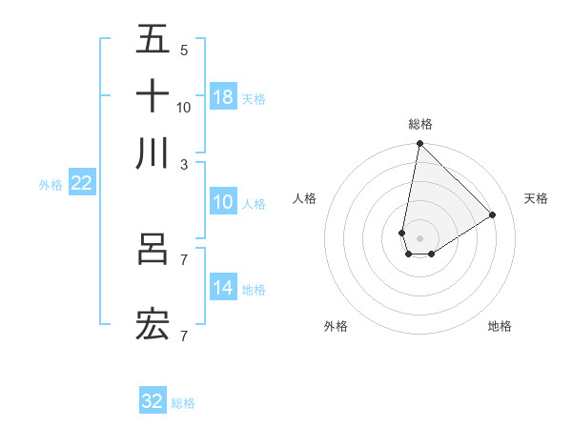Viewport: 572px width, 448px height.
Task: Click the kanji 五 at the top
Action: click(x=153, y=40)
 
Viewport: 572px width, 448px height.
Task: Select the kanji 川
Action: click(x=153, y=153)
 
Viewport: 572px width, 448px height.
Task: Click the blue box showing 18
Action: click(x=223, y=97)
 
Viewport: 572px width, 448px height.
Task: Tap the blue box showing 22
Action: click(x=81, y=183)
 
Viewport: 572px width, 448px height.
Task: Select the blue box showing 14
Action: click(x=223, y=288)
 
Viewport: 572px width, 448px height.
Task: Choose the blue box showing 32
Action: click(x=153, y=401)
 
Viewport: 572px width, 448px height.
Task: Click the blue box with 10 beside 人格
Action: click(x=223, y=202)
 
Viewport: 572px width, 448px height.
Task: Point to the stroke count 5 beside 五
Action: click(x=183, y=50)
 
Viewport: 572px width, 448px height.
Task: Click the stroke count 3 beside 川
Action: click(x=183, y=164)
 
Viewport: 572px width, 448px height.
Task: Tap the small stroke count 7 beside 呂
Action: click(x=183, y=259)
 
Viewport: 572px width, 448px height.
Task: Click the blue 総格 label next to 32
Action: click(x=183, y=403)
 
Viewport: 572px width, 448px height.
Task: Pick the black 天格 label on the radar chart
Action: click(x=536, y=198)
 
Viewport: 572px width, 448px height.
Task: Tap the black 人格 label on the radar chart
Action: click(x=305, y=198)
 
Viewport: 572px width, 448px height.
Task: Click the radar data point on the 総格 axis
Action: click(x=419, y=144)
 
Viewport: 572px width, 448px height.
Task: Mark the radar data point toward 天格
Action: click(x=493, y=214)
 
